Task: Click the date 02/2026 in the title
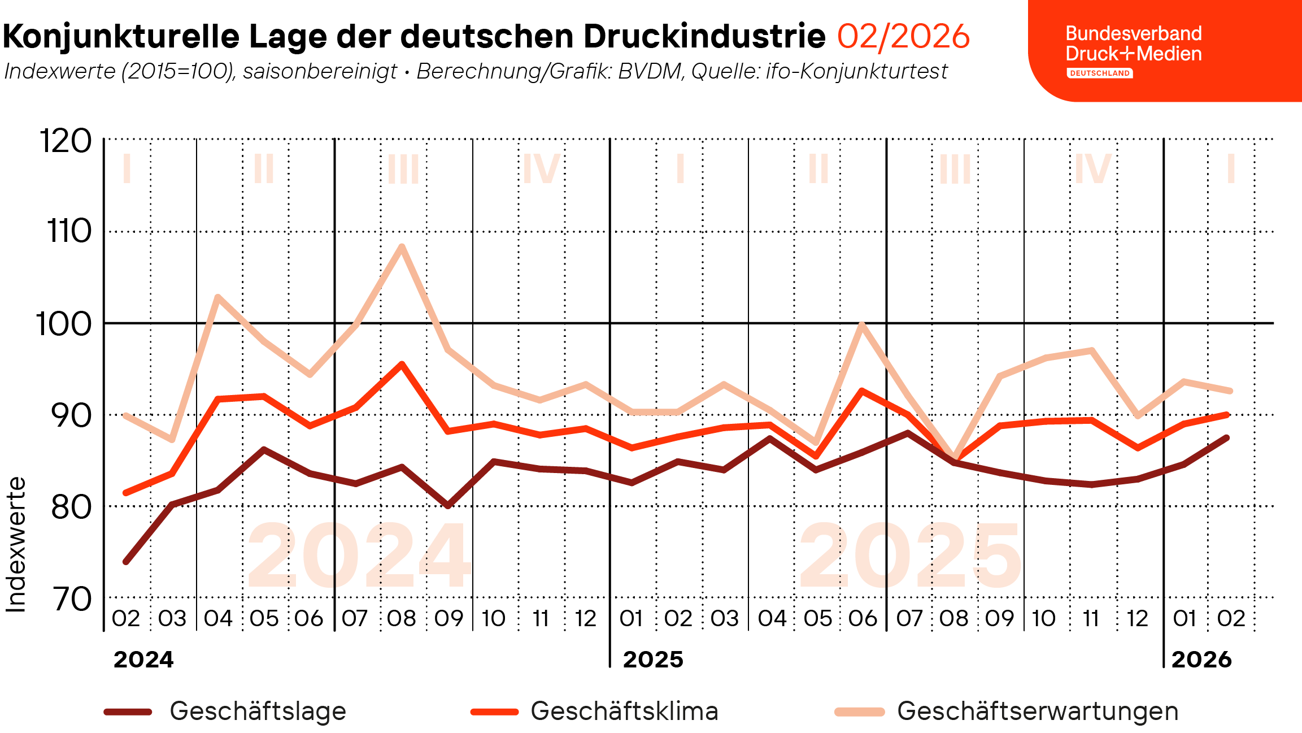(903, 36)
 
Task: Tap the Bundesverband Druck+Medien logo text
(1133, 44)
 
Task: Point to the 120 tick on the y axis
(66, 141)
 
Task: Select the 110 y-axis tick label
(69, 231)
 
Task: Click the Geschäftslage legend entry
(258, 711)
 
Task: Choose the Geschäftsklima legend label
(624, 711)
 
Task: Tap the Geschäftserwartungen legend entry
(1037, 711)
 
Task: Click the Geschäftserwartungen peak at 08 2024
(402, 246)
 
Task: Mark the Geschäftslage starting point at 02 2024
(126, 562)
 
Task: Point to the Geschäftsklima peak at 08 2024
(402, 364)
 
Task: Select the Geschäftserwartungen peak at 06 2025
(861, 324)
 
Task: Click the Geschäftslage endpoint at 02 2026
(1227, 437)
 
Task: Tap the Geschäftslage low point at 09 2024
(448, 506)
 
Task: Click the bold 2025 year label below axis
(653, 660)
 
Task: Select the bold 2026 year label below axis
(1201, 660)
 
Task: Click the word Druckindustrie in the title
(704, 36)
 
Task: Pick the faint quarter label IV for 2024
(541, 168)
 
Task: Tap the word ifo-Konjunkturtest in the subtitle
(856, 72)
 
